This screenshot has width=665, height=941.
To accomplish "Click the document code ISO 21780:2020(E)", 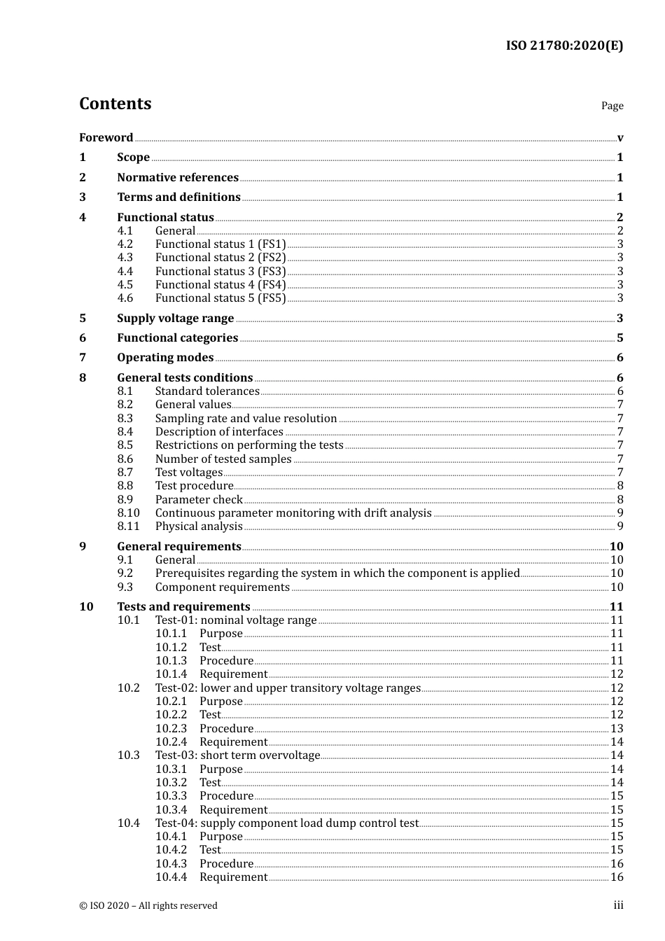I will tap(564, 46).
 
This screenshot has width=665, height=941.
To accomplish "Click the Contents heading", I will tap(115, 104).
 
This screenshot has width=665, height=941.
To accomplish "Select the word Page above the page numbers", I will tap(612, 106).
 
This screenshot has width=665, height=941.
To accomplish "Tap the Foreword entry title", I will tap(106, 137).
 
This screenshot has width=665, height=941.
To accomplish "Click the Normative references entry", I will tap(177, 177).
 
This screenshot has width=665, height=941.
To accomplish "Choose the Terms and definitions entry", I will tap(178, 197).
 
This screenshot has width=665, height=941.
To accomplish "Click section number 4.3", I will tap(125, 258).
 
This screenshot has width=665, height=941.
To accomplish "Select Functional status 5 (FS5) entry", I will tap(220, 298).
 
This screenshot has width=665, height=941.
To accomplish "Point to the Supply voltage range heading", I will tap(175, 319).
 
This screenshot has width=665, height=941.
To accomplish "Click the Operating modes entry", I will tap(165, 358).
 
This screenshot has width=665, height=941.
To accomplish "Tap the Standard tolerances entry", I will tap(207, 391).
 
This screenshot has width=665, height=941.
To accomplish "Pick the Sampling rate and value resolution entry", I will tap(246, 419).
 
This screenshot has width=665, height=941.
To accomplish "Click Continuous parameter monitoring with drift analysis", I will tap(293, 513).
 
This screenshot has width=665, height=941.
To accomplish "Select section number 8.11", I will tap(128, 527).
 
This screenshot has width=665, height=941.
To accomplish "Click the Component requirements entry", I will tap(222, 587).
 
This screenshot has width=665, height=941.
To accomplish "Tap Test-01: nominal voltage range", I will tap(236, 620).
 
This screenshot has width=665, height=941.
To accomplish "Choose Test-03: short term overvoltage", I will tap(237, 755).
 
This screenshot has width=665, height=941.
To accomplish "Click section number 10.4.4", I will tap(171, 877).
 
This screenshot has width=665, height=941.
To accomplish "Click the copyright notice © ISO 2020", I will tap(148, 905).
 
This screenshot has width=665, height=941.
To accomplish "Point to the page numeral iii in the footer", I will tap(618, 905).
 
